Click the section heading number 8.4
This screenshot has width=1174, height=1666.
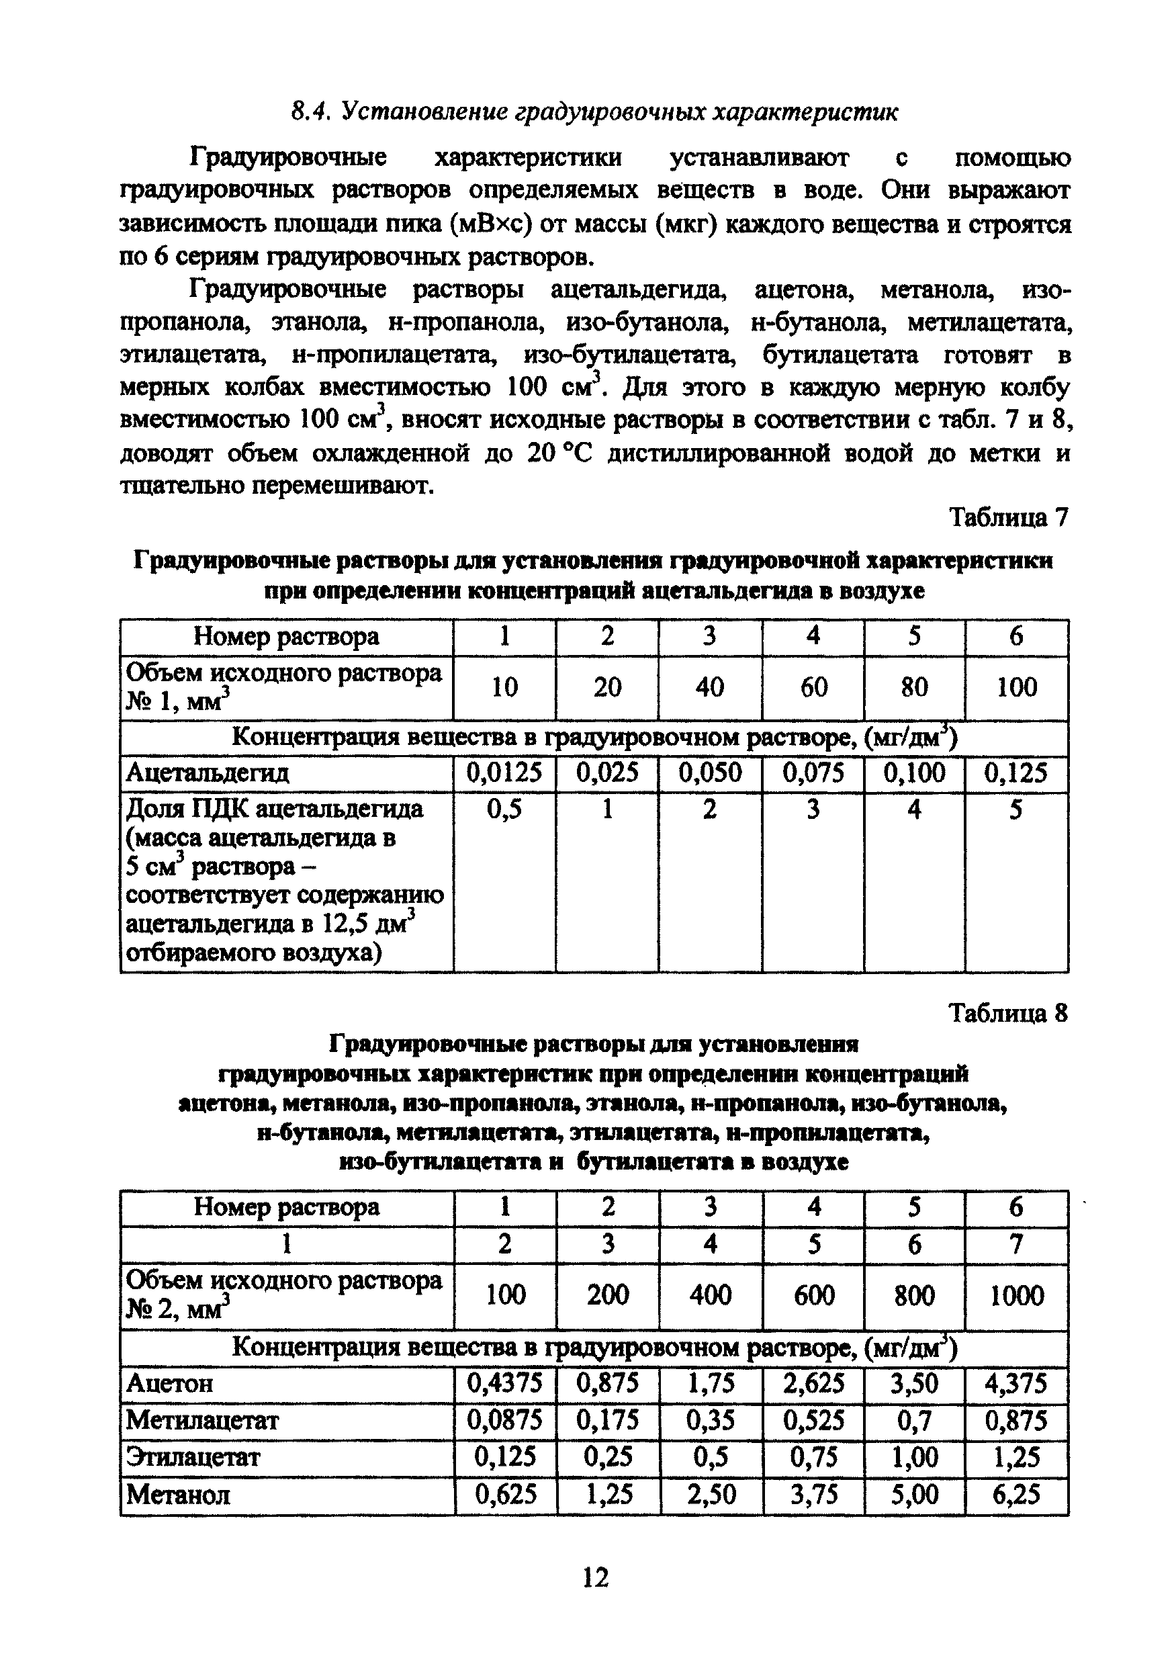pos(310,112)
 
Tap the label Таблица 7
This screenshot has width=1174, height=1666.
pos(1009,517)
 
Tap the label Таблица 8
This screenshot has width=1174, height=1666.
pos(1009,1013)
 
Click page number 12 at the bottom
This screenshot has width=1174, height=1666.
pos(595,1577)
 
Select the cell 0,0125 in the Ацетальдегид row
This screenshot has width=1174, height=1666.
pos(504,773)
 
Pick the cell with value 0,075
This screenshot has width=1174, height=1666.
pos(813,773)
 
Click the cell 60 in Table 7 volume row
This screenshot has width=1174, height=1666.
pos(813,687)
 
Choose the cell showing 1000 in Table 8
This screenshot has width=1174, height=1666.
pos(1017,1295)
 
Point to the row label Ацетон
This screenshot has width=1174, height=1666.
pos(170,1384)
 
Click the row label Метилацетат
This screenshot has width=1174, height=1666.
pos(202,1420)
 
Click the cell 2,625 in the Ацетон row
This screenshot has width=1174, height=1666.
pos(813,1383)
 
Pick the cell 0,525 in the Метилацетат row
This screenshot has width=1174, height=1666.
pos(813,1420)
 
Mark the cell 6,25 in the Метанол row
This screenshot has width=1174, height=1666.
pos(1017,1494)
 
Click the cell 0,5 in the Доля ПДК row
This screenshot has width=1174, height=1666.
pos(504,809)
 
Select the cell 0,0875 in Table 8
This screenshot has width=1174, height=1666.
pos(504,1420)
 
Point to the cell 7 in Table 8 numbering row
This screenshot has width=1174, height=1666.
pos(1017,1244)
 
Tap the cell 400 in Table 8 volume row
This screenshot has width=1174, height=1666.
pos(711,1295)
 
